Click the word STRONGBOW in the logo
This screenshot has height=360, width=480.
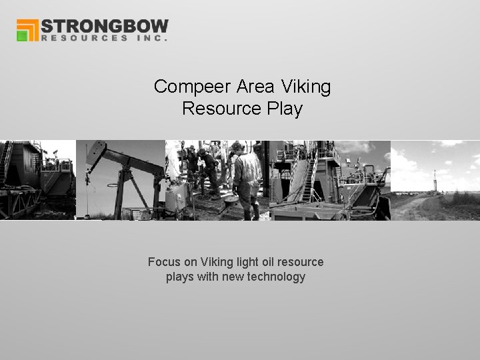pos(105,27)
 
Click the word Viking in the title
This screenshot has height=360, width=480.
pos(306,87)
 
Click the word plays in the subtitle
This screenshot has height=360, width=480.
pos(179,277)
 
